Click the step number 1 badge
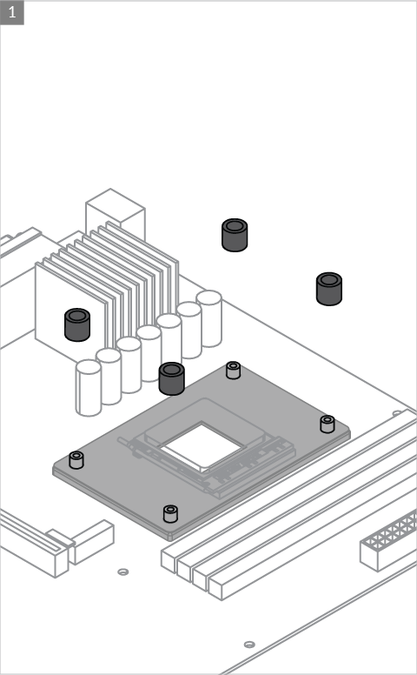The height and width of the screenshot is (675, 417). click(x=12, y=12)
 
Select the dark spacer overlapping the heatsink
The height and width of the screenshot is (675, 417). click(x=77, y=324)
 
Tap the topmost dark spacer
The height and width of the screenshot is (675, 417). click(x=235, y=235)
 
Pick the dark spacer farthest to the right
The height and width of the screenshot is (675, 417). click(x=329, y=289)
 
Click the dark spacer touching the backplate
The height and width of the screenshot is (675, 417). click(x=172, y=378)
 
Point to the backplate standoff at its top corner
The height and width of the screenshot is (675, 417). click(x=233, y=371)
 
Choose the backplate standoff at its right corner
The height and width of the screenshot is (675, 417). click(x=328, y=424)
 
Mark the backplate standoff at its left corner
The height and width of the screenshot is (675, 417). click(x=76, y=460)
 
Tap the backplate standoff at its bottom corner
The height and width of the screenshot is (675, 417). click(x=170, y=513)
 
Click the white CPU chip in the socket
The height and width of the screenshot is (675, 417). click(x=202, y=445)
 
